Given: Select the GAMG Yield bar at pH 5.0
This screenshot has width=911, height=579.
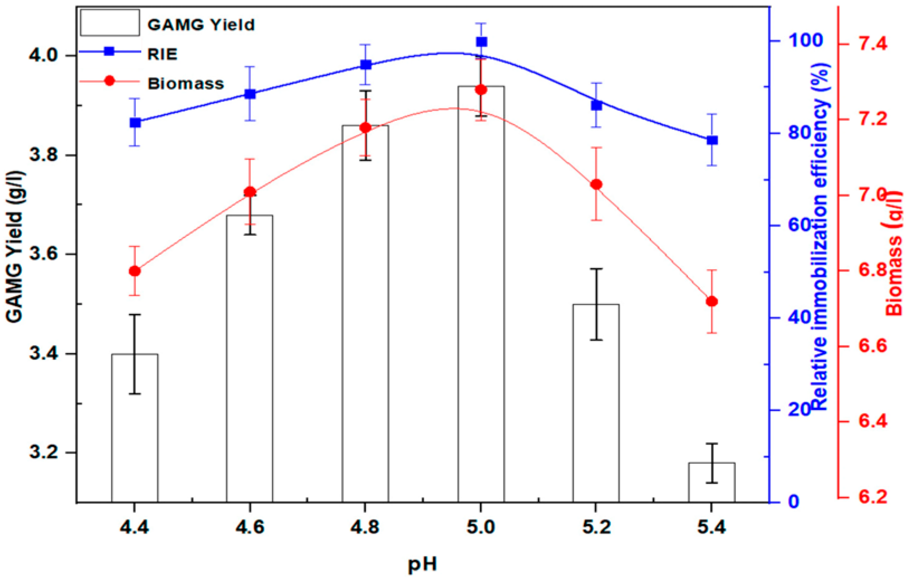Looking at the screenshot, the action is coord(481,294).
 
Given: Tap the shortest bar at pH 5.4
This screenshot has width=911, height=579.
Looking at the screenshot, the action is coord(712,482).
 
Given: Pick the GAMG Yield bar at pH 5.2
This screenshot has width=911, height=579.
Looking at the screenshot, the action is coord(596,403).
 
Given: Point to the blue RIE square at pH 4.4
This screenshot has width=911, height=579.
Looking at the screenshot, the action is coord(135,123).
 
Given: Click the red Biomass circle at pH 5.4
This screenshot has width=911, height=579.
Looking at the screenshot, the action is coord(712,301).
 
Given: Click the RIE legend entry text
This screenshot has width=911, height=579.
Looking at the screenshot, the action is coord(162,54).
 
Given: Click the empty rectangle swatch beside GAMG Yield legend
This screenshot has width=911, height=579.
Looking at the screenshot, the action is coord(110,23).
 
